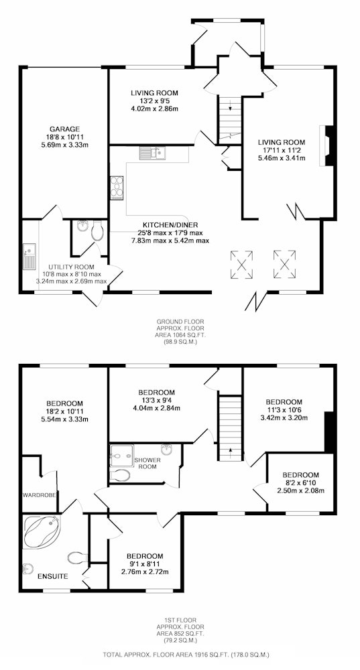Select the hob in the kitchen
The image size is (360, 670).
pos(116,188)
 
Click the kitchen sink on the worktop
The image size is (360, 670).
pos(152,153)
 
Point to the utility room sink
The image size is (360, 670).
pos(29,256)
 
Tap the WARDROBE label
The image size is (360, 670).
pos(40,495)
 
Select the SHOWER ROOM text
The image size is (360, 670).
pos(147,463)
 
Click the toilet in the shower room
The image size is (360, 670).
pos(120,475)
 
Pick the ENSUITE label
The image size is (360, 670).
pos(52,576)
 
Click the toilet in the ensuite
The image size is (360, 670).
pos(77,557)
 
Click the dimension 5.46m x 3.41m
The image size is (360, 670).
pos(282,157)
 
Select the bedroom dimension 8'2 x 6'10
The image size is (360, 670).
pos(300,483)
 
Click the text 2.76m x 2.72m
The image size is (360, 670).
pos(145,572)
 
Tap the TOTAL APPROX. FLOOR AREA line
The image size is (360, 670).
pos(186,654)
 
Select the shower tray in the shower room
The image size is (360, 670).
pos(121,456)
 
